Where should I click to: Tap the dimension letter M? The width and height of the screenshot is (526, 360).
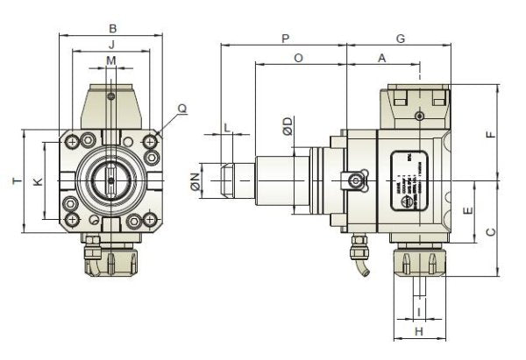tap(111, 60)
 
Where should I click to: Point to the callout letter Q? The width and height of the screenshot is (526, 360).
tap(181, 109)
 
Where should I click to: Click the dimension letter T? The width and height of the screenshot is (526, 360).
tap(15, 180)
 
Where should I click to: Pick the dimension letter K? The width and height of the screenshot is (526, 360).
tap(36, 181)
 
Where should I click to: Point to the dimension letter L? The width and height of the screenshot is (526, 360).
tap(226, 128)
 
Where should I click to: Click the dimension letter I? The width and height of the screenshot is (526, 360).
tap(419, 310)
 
